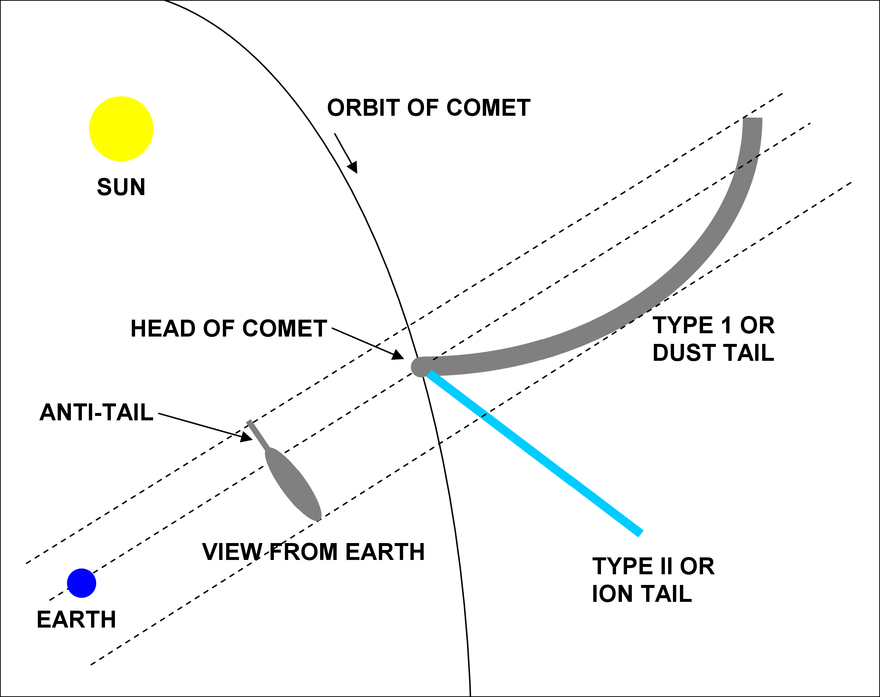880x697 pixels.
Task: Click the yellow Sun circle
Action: [x=121, y=129]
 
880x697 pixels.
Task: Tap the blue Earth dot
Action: [x=82, y=583]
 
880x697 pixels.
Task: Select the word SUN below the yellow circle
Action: [x=121, y=187]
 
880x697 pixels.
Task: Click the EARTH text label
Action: [x=76, y=619]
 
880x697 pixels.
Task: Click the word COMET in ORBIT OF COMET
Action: [x=488, y=108]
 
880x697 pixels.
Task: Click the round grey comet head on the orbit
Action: [x=420, y=366]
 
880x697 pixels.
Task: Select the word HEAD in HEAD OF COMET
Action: [x=163, y=328]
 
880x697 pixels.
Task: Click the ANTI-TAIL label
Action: [x=96, y=412]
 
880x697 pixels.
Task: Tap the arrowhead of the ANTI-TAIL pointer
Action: [x=246, y=437]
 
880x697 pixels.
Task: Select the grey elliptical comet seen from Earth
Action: [x=293, y=484]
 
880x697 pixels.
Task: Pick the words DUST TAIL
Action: [x=713, y=353]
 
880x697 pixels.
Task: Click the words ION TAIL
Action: [x=642, y=594]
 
